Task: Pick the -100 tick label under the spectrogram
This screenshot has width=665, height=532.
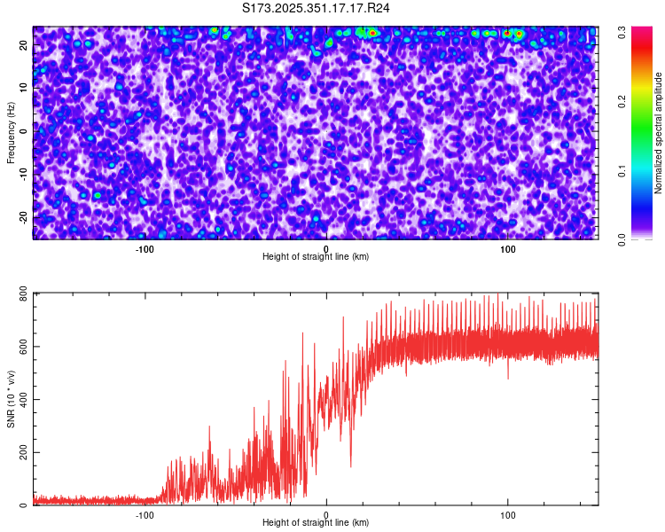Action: [x=145, y=248]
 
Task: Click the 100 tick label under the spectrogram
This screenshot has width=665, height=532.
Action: [x=508, y=248]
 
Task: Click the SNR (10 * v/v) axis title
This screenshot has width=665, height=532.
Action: [x=11, y=399]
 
